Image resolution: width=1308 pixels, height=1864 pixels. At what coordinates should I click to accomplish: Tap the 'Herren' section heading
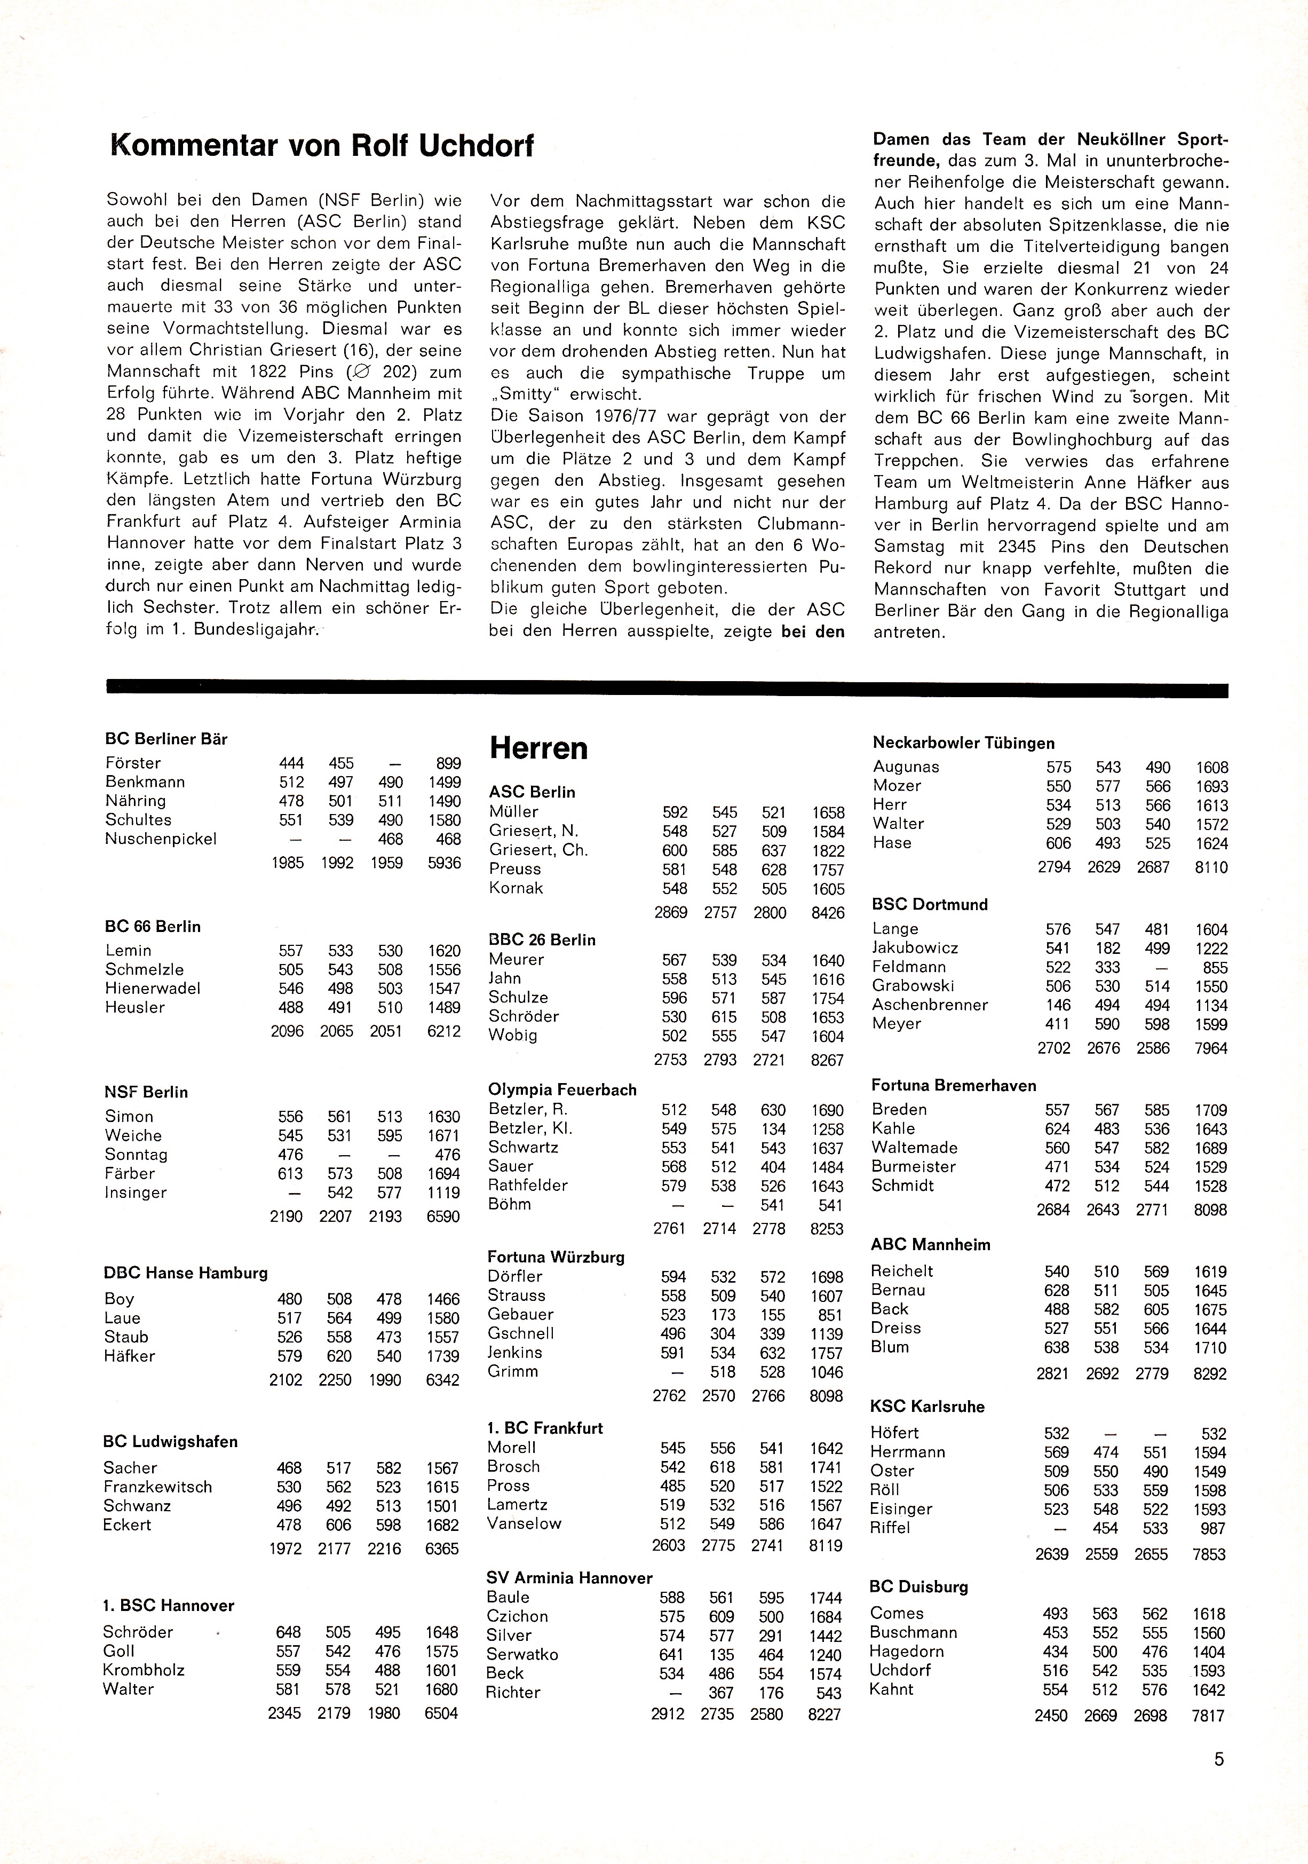tap(539, 748)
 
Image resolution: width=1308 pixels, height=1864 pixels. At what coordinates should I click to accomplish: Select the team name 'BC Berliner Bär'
tap(167, 739)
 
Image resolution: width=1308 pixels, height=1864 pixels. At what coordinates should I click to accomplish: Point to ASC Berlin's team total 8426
tap(828, 912)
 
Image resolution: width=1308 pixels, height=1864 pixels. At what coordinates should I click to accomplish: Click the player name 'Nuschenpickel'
tap(161, 839)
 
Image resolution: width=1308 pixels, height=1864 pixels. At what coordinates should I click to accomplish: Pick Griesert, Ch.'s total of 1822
tap(828, 851)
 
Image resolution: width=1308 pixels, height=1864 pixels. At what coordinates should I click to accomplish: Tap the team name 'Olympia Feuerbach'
tap(562, 1089)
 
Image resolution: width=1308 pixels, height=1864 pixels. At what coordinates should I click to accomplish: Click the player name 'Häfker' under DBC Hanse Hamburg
tap(129, 1356)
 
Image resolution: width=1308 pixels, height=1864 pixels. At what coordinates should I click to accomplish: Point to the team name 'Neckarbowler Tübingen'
tap(963, 743)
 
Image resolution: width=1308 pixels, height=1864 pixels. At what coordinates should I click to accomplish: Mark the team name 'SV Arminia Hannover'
tap(569, 1577)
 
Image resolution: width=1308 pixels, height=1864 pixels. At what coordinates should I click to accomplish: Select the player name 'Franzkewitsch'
tap(157, 1487)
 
